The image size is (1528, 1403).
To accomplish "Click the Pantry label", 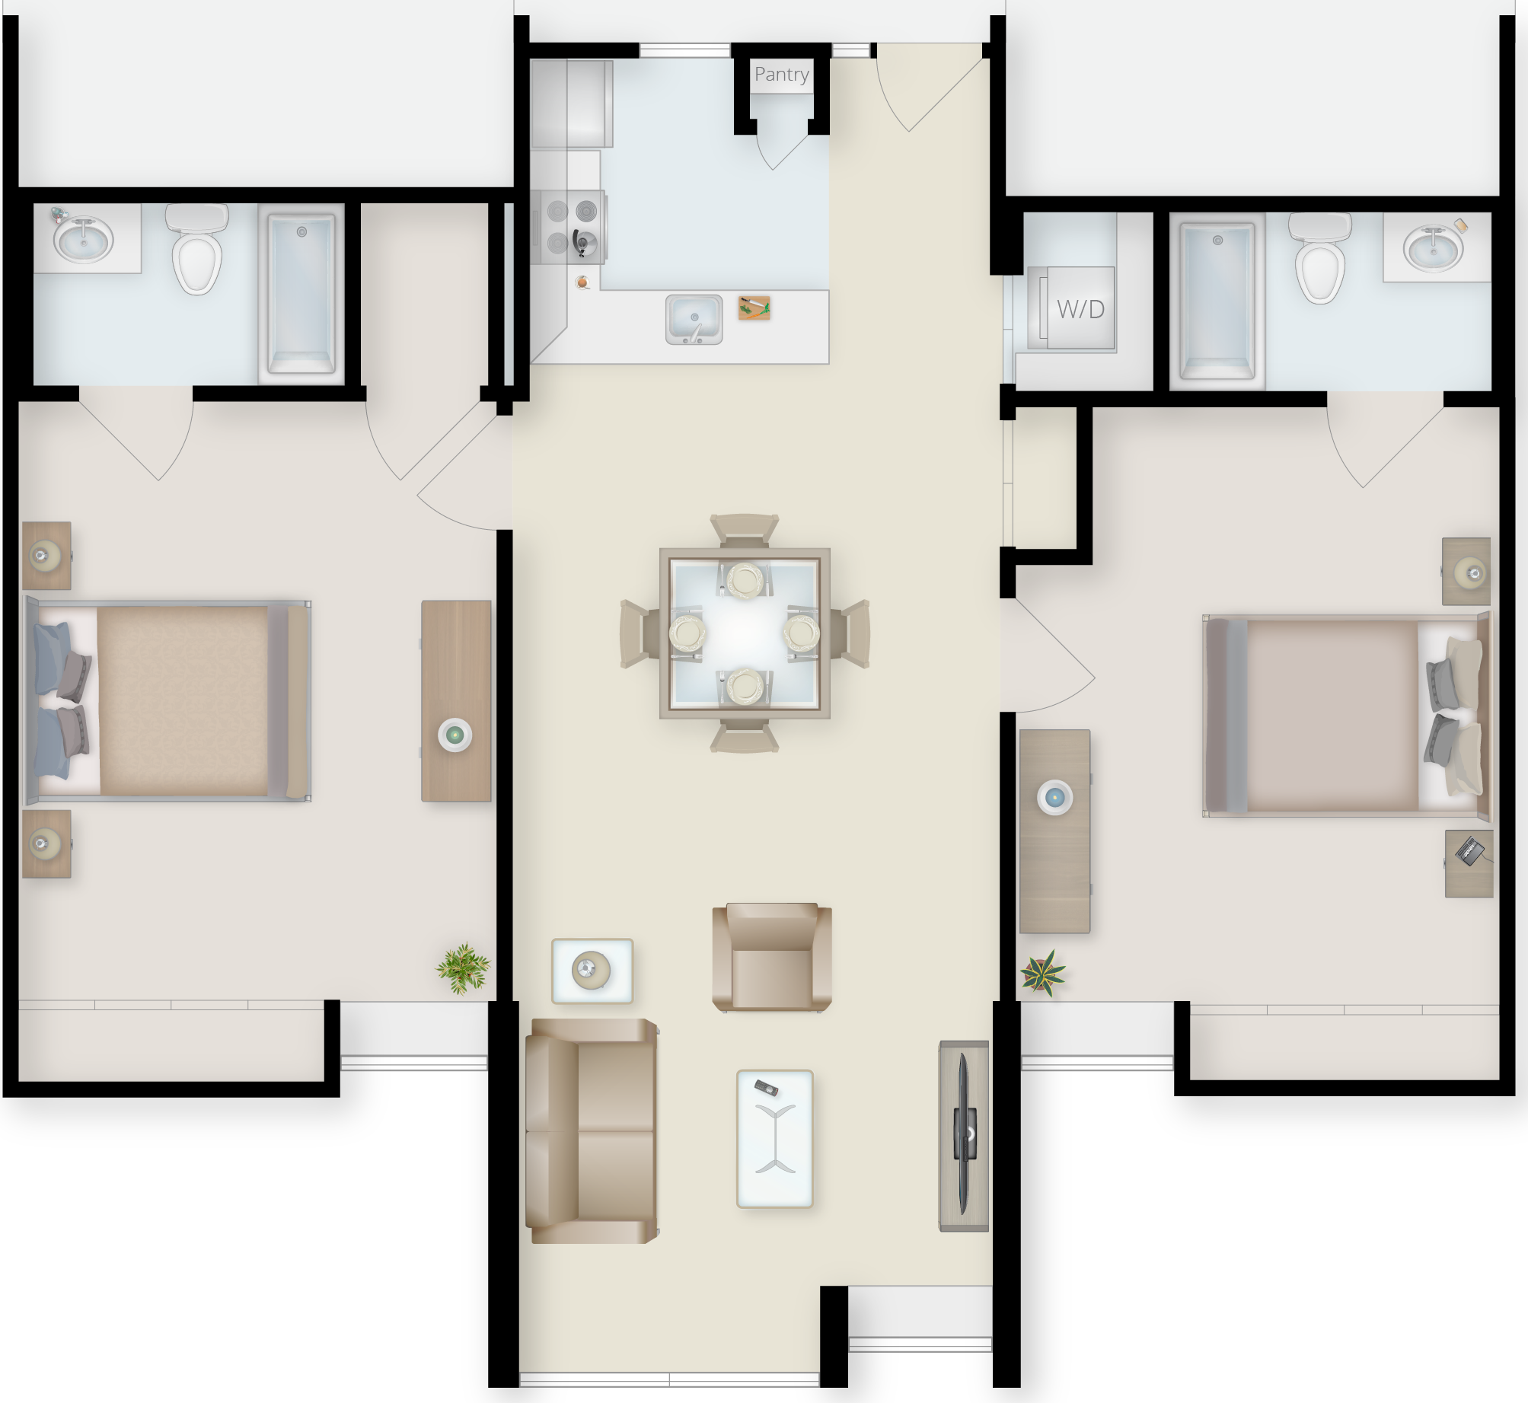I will [781, 75].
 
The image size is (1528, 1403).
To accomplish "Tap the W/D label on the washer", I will [1080, 309].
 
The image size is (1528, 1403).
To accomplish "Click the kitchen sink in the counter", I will [694, 318].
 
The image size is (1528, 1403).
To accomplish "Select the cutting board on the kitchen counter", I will [754, 308].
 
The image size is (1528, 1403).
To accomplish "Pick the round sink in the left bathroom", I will [84, 237].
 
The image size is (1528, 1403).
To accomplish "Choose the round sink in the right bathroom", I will [1433, 247].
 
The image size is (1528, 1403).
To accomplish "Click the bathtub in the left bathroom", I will [301, 295].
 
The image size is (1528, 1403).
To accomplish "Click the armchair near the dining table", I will [771, 957].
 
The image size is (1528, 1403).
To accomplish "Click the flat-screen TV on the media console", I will [965, 1134].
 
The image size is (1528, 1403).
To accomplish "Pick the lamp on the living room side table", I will [591, 970].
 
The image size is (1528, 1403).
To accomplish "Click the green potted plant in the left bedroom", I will [463, 968].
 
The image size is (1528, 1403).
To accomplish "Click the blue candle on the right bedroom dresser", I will [1054, 797].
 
